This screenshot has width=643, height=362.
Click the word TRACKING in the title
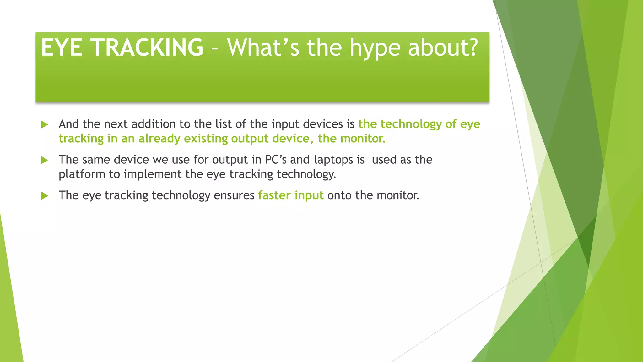click(147, 47)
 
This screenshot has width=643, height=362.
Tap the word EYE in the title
click(62, 47)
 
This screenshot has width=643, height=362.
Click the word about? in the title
click(443, 47)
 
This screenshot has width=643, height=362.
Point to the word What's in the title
click(263, 47)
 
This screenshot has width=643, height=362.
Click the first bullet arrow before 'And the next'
click(45, 125)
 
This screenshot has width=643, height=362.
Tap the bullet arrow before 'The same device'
click(45, 160)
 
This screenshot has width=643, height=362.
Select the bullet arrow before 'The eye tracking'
click(45, 196)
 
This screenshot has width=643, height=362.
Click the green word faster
click(274, 195)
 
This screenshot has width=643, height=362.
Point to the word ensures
click(234, 195)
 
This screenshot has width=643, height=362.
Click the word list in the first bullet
click(224, 124)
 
